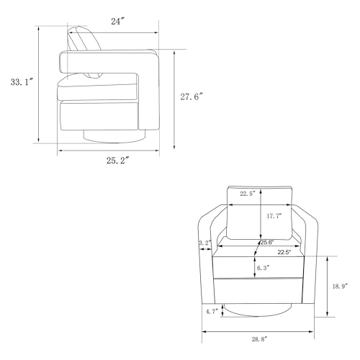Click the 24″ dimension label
[117, 22]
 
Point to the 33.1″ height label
[22, 82]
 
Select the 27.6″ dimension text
[192, 96]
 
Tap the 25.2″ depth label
[118, 161]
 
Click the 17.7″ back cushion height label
[274, 216]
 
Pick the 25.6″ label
[267, 243]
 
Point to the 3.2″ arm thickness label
[204, 243]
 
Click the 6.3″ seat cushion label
[263, 268]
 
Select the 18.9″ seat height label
[340, 287]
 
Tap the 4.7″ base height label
[212, 312]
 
